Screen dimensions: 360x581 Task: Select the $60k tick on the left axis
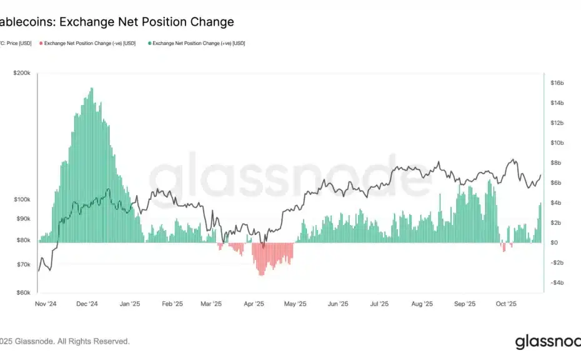pos(22,292)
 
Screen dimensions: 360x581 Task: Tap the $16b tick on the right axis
pos(557,82)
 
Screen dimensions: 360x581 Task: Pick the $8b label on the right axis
pos(557,162)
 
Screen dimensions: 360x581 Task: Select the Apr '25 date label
pos(254,304)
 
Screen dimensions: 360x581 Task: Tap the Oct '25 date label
pos(506,304)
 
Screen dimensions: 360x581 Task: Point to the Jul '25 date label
pos(379,304)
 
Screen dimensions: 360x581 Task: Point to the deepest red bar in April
pos(261,275)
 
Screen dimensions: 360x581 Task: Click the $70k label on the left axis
pos(22,264)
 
